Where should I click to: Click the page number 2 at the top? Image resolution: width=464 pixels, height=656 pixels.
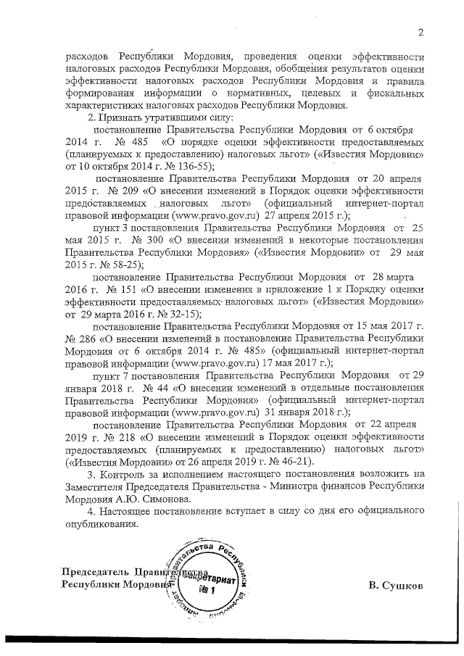[x=420, y=31]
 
